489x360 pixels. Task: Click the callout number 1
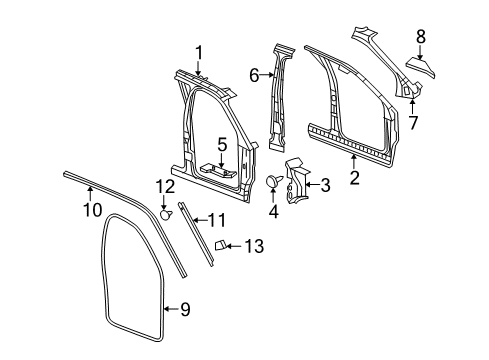click(198, 52)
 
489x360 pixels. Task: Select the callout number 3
click(323, 185)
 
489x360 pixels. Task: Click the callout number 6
click(254, 73)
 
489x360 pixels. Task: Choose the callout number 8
click(421, 37)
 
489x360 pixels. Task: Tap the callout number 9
click(183, 310)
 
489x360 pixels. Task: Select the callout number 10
click(91, 209)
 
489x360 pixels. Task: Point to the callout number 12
click(164, 185)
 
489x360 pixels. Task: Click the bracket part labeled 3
click(297, 181)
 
